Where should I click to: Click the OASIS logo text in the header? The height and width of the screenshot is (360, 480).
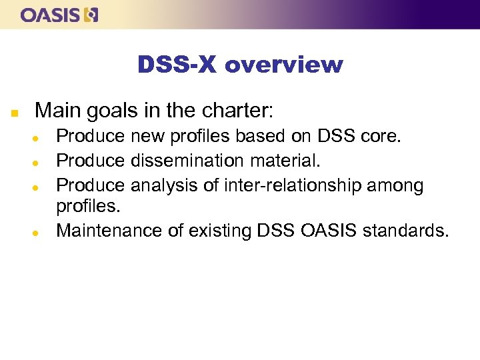point(51,15)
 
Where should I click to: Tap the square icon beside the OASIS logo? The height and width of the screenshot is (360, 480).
point(91,15)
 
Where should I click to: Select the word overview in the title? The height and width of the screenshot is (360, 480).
point(284,65)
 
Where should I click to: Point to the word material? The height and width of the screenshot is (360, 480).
point(292,160)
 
